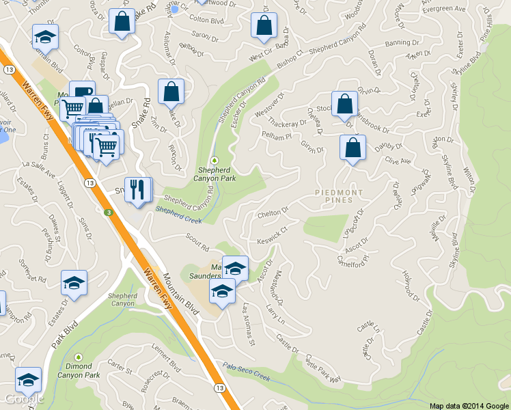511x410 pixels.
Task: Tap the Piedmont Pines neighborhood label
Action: click(348, 196)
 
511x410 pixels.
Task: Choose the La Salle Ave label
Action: click(39, 169)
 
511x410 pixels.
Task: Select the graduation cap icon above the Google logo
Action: click(28, 379)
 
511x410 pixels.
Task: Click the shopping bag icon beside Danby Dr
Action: click(353, 148)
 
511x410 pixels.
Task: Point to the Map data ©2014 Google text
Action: click(468, 405)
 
